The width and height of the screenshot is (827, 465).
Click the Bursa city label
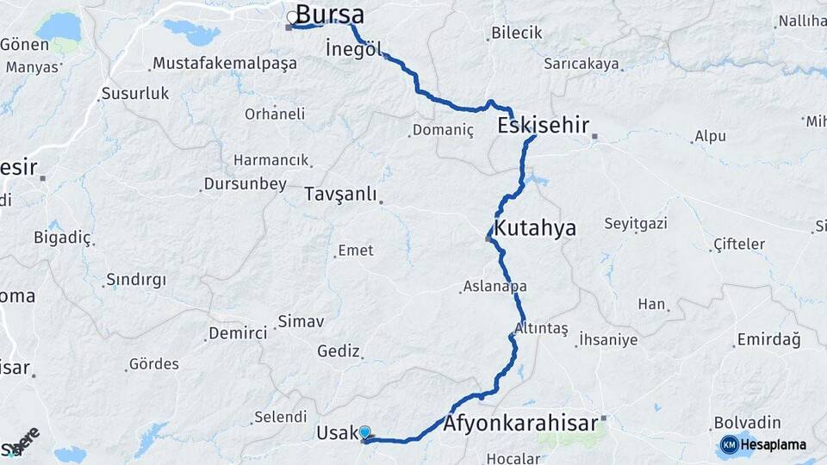click(x=330, y=15)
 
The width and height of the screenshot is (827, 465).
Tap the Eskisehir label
click(x=544, y=126)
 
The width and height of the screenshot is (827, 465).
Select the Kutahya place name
click(x=534, y=228)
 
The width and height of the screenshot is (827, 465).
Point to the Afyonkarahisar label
click(x=520, y=424)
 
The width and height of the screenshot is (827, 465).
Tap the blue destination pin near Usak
click(x=364, y=433)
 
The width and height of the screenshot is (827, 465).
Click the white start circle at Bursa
click(x=292, y=16)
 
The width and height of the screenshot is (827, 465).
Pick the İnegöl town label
click(x=354, y=48)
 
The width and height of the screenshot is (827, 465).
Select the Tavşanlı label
click(x=340, y=195)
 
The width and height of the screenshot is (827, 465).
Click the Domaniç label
click(x=443, y=130)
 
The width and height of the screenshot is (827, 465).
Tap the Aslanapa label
click(x=494, y=286)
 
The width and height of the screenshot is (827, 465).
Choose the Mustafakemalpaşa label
click(x=224, y=63)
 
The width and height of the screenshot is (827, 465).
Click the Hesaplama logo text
click(x=774, y=444)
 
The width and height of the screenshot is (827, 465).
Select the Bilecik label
click(x=517, y=33)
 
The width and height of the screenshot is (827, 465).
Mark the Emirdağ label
click(x=768, y=339)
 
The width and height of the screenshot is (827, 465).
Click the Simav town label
click(x=300, y=322)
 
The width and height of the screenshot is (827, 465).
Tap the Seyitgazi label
click(x=636, y=224)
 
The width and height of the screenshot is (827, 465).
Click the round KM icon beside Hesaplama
click(x=729, y=444)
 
